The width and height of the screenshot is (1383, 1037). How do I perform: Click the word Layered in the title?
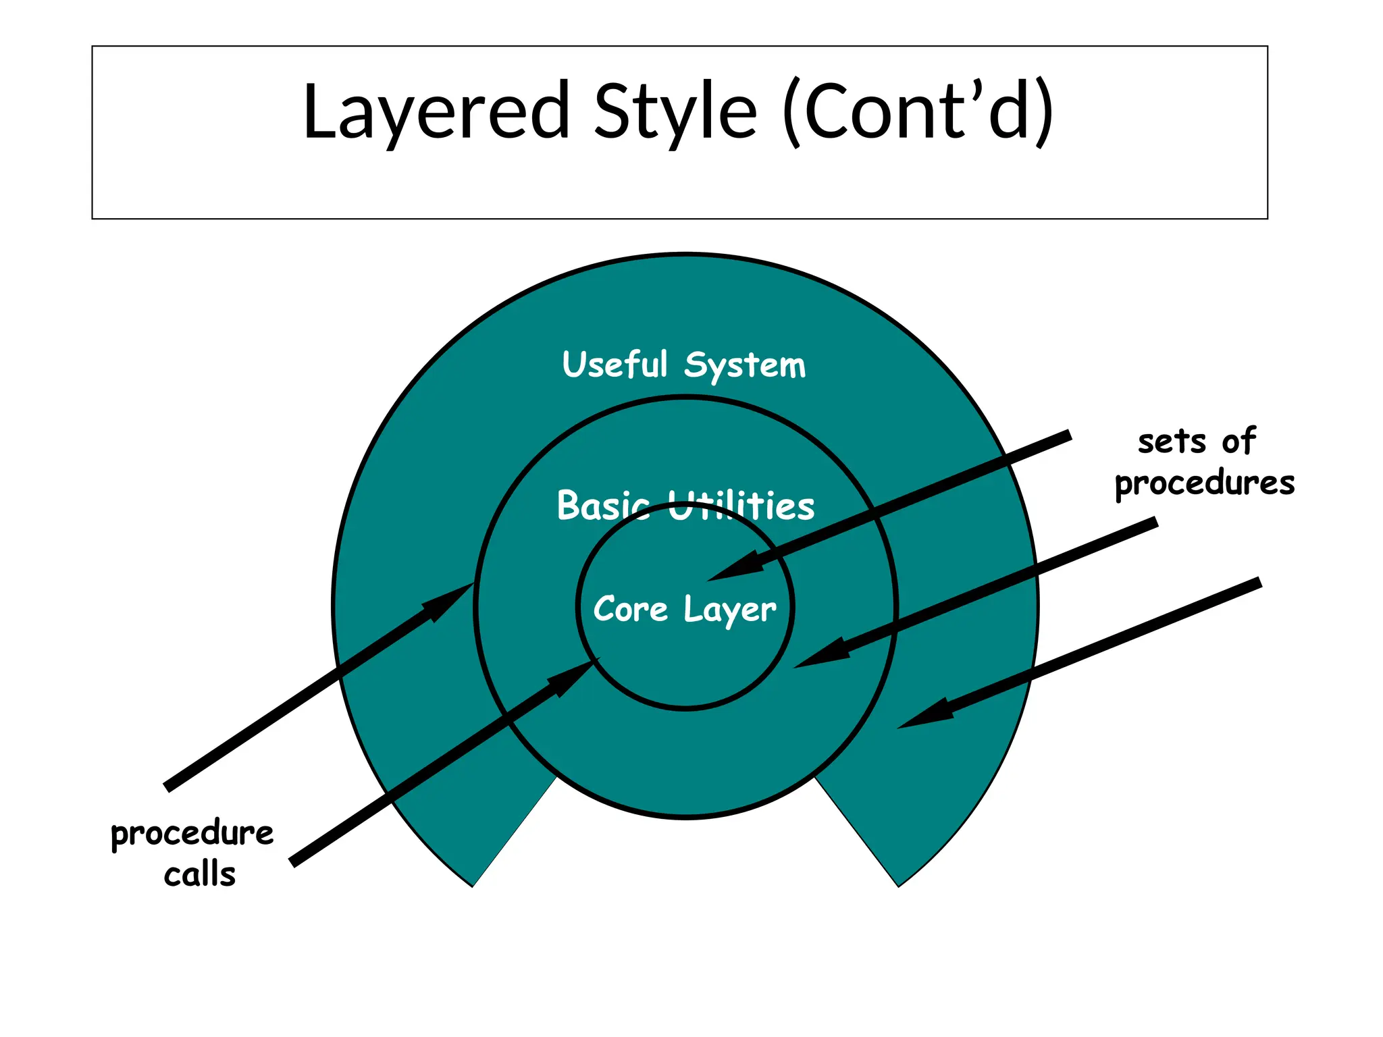436,111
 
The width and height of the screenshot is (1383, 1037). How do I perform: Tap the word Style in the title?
675,111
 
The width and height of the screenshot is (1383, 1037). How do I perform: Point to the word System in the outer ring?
745,366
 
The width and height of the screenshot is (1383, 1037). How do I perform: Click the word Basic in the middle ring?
603,506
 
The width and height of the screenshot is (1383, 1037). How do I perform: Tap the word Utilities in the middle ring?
741,506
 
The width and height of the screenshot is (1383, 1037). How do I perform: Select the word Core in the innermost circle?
630,609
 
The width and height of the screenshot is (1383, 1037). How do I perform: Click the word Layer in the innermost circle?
730,610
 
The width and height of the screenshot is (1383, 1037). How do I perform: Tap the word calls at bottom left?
200,875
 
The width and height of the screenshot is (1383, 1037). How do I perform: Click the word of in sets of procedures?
1238,442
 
